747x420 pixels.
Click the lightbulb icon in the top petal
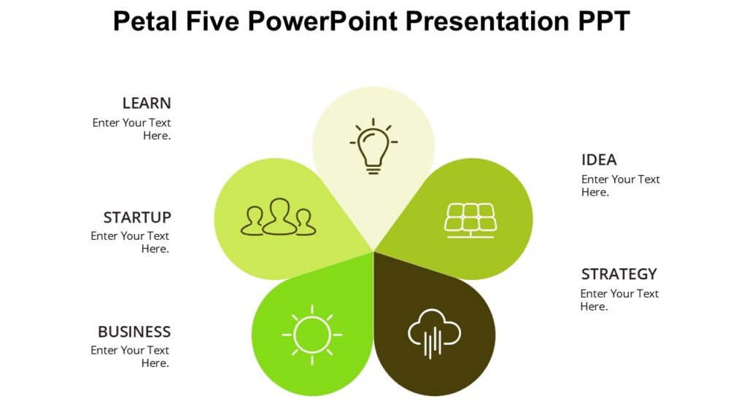(373, 146)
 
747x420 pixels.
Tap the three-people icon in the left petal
(279, 217)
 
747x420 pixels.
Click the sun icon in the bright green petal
(312, 335)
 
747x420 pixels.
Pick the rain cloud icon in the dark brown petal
(434, 334)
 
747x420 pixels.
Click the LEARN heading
(147, 104)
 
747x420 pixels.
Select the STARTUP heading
(137, 217)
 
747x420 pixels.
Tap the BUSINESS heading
(134, 332)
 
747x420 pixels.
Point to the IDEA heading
(599, 160)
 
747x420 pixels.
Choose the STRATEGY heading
(619, 274)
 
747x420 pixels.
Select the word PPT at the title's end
(601, 22)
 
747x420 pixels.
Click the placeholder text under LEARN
(132, 129)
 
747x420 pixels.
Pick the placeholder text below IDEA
(620, 185)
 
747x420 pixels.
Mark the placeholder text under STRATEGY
(619, 300)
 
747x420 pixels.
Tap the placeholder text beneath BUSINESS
(130, 357)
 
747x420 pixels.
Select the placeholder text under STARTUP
(130, 242)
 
